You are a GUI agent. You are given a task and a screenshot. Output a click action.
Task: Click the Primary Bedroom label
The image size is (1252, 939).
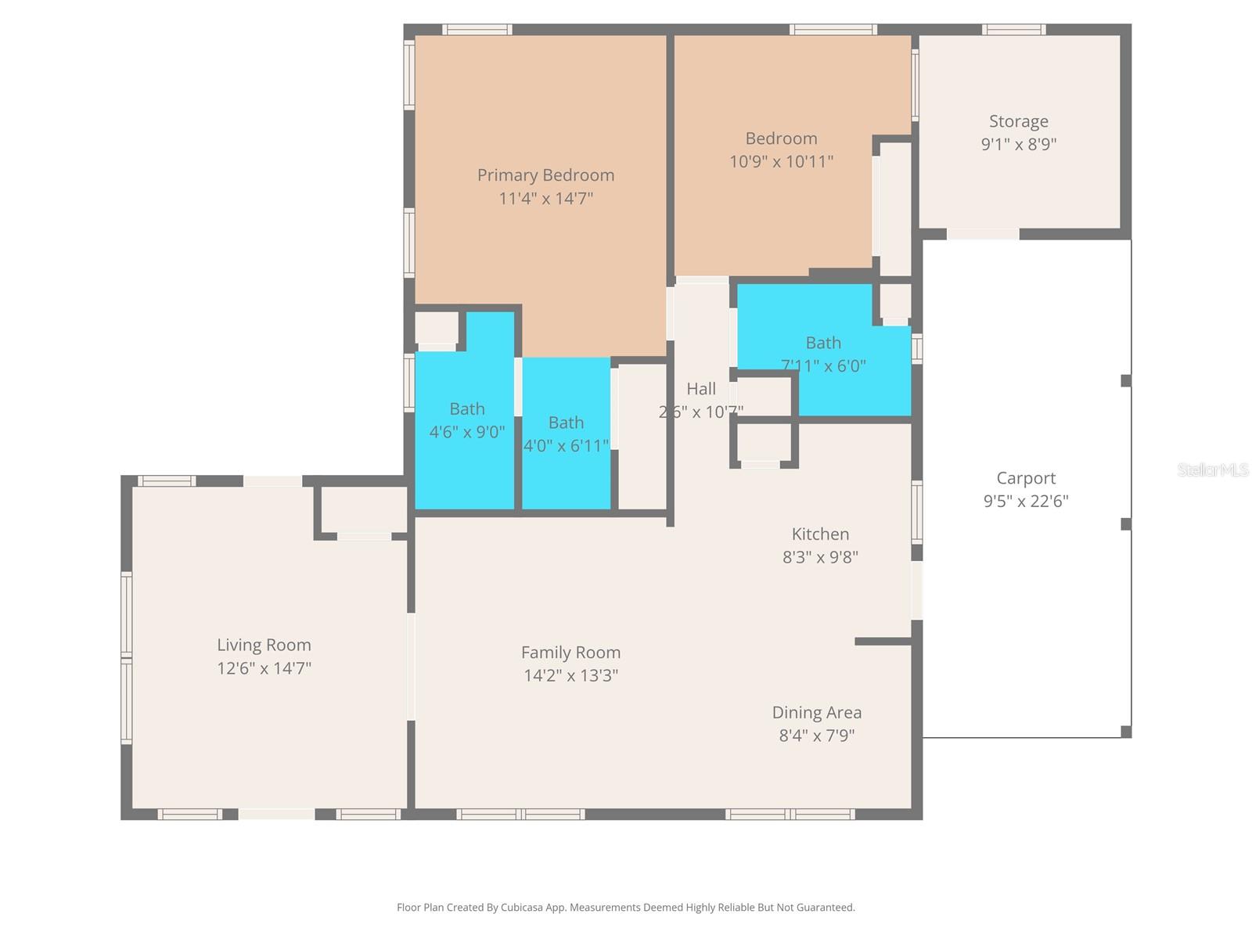(545, 175)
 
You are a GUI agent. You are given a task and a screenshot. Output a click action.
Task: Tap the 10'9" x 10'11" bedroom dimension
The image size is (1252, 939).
(781, 162)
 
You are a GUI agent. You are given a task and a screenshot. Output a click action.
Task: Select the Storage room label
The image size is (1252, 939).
(1018, 121)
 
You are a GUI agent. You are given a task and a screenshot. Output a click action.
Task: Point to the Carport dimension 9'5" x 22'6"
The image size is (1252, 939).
(1025, 501)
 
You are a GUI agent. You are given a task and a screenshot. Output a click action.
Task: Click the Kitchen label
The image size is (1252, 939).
(820, 534)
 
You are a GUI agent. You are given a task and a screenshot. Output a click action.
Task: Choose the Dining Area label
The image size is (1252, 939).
(816, 713)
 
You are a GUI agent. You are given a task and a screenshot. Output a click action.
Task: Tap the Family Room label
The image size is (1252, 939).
(570, 653)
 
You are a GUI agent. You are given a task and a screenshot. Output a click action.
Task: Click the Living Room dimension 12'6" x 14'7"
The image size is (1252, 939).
(264, 668)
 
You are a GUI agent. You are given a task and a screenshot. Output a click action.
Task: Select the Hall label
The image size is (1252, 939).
(701, 389)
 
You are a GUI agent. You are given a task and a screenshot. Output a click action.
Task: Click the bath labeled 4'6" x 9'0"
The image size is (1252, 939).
(466, 420)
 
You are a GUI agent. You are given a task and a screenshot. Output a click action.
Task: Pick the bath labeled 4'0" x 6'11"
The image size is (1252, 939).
(566, 434)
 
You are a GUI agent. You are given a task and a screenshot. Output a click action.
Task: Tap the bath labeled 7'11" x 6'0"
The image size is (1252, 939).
(823, 354)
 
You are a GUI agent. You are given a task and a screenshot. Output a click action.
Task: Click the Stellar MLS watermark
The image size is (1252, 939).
(1213, 469)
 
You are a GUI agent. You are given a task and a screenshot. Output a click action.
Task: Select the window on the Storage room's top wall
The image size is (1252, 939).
(1013, 30)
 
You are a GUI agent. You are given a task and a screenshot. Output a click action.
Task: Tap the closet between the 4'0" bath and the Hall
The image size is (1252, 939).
(642, 437)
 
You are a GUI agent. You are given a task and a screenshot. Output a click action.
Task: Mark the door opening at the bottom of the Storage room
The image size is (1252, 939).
(983, 234)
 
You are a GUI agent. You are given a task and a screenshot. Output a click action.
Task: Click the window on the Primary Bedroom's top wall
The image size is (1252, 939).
(477, 30)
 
